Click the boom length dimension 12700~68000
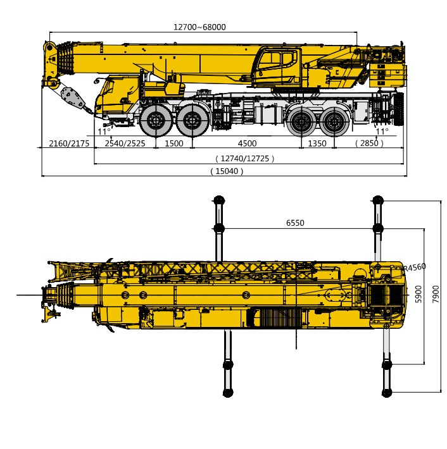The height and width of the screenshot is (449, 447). [x=199, y=27]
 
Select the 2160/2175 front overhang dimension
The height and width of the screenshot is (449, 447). [x=69, y=144]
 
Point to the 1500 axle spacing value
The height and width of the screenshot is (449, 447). [x=173, y=144]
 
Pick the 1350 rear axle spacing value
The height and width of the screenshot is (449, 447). [x=317, y=144]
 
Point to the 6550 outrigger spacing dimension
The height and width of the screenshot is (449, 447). [x=295, y=223]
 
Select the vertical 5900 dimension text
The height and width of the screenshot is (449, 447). [x=419, y=294]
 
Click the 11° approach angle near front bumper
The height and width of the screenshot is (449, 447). [x=104, y=132]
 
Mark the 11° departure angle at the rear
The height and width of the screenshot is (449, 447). [x=382, y=132]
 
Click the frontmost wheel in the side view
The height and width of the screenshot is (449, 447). [x=156, y=120]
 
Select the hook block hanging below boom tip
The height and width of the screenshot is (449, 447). [x=73, y=99]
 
